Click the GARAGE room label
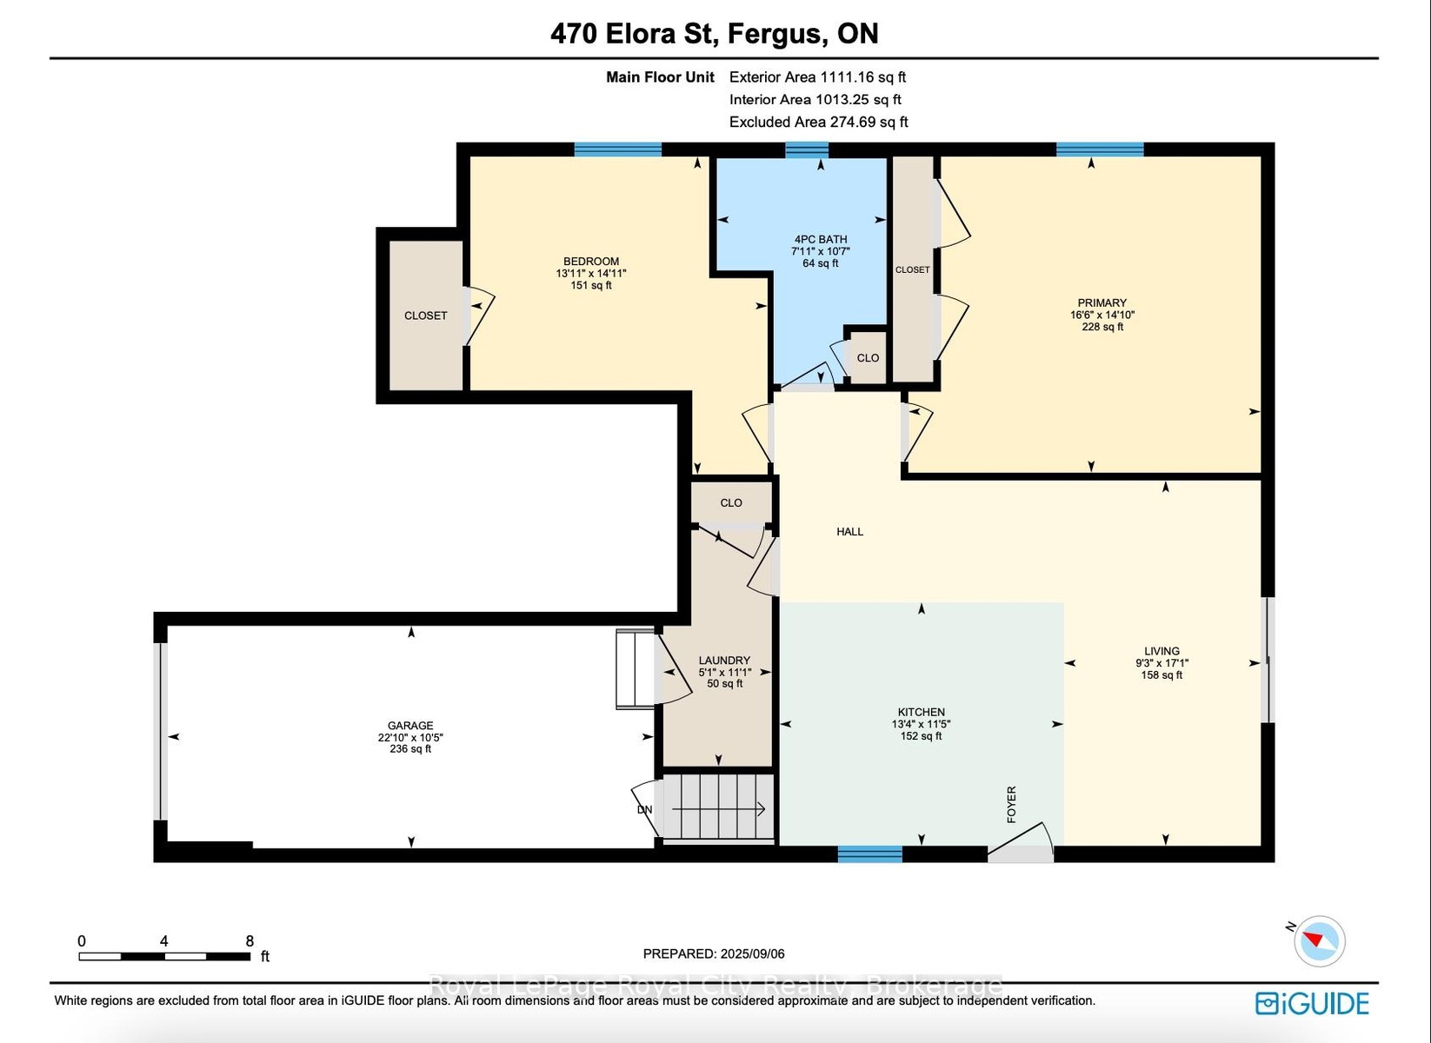point(410,726)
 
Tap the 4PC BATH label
point(821,240)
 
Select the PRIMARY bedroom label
point(1102,302)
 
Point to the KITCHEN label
point(921,712)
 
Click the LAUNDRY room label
point(724,661)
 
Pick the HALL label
point(849,531)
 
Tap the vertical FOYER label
point(1011,804)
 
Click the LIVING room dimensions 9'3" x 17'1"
point(1161,663)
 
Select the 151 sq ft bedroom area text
point(591,285)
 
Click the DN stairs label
point(644,810)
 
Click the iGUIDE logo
point(1312,1003)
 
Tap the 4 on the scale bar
point(164,940)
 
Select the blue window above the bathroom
point(806,149)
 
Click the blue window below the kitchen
point(869,854)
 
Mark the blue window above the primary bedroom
point(1100,149)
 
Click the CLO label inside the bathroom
point(868,358)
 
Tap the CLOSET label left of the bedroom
point(425,316)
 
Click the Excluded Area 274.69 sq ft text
point(818,122)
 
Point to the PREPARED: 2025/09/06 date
point(714,954)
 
